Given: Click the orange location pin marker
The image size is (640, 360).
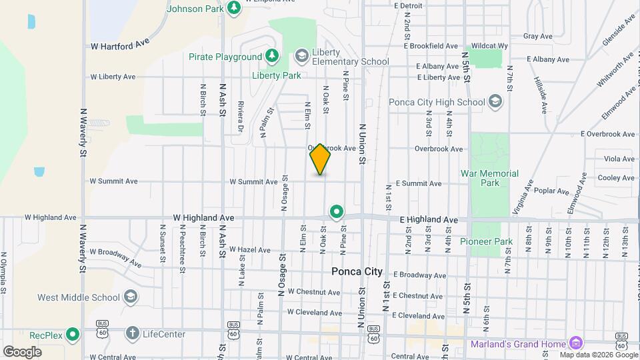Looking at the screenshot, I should [320, 159].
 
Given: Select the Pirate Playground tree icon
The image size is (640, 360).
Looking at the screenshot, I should [271, 56].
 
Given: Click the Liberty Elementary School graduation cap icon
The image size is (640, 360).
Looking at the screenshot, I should [301, 56].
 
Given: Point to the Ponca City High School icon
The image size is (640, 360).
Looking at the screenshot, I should [495, 101].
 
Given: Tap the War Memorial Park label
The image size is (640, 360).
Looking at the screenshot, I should [489, 178].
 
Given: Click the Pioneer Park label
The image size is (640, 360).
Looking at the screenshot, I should [487, 241].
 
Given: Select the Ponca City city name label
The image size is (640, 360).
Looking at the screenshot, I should [357, 272].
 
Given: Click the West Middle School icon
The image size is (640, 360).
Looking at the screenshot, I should [131, 296].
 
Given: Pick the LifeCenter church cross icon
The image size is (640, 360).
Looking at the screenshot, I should [132, 333].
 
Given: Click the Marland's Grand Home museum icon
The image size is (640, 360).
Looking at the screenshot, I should [575, 343].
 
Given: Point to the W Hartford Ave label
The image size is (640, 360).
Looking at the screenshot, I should [120, 45].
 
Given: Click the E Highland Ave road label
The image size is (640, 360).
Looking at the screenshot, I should [429, 219].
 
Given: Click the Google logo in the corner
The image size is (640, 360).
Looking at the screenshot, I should [22, 351].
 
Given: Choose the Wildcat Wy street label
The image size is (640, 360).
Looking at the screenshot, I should [489, 45].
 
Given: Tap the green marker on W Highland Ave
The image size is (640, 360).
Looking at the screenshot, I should [337, 213].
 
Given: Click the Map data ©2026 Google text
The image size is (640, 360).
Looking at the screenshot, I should [598, 355].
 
